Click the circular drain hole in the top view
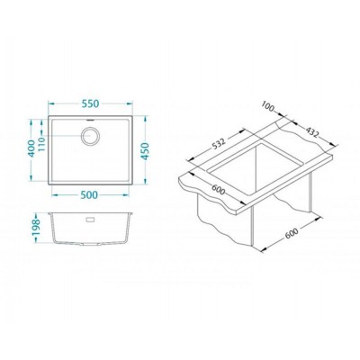93,138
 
